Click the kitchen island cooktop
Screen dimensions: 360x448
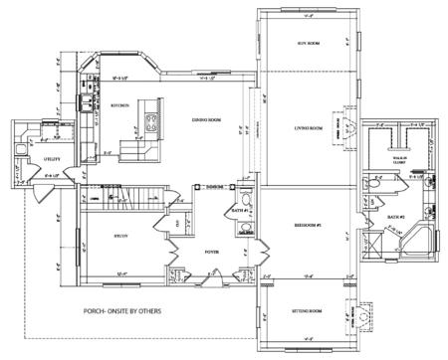[x=151, y=124]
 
